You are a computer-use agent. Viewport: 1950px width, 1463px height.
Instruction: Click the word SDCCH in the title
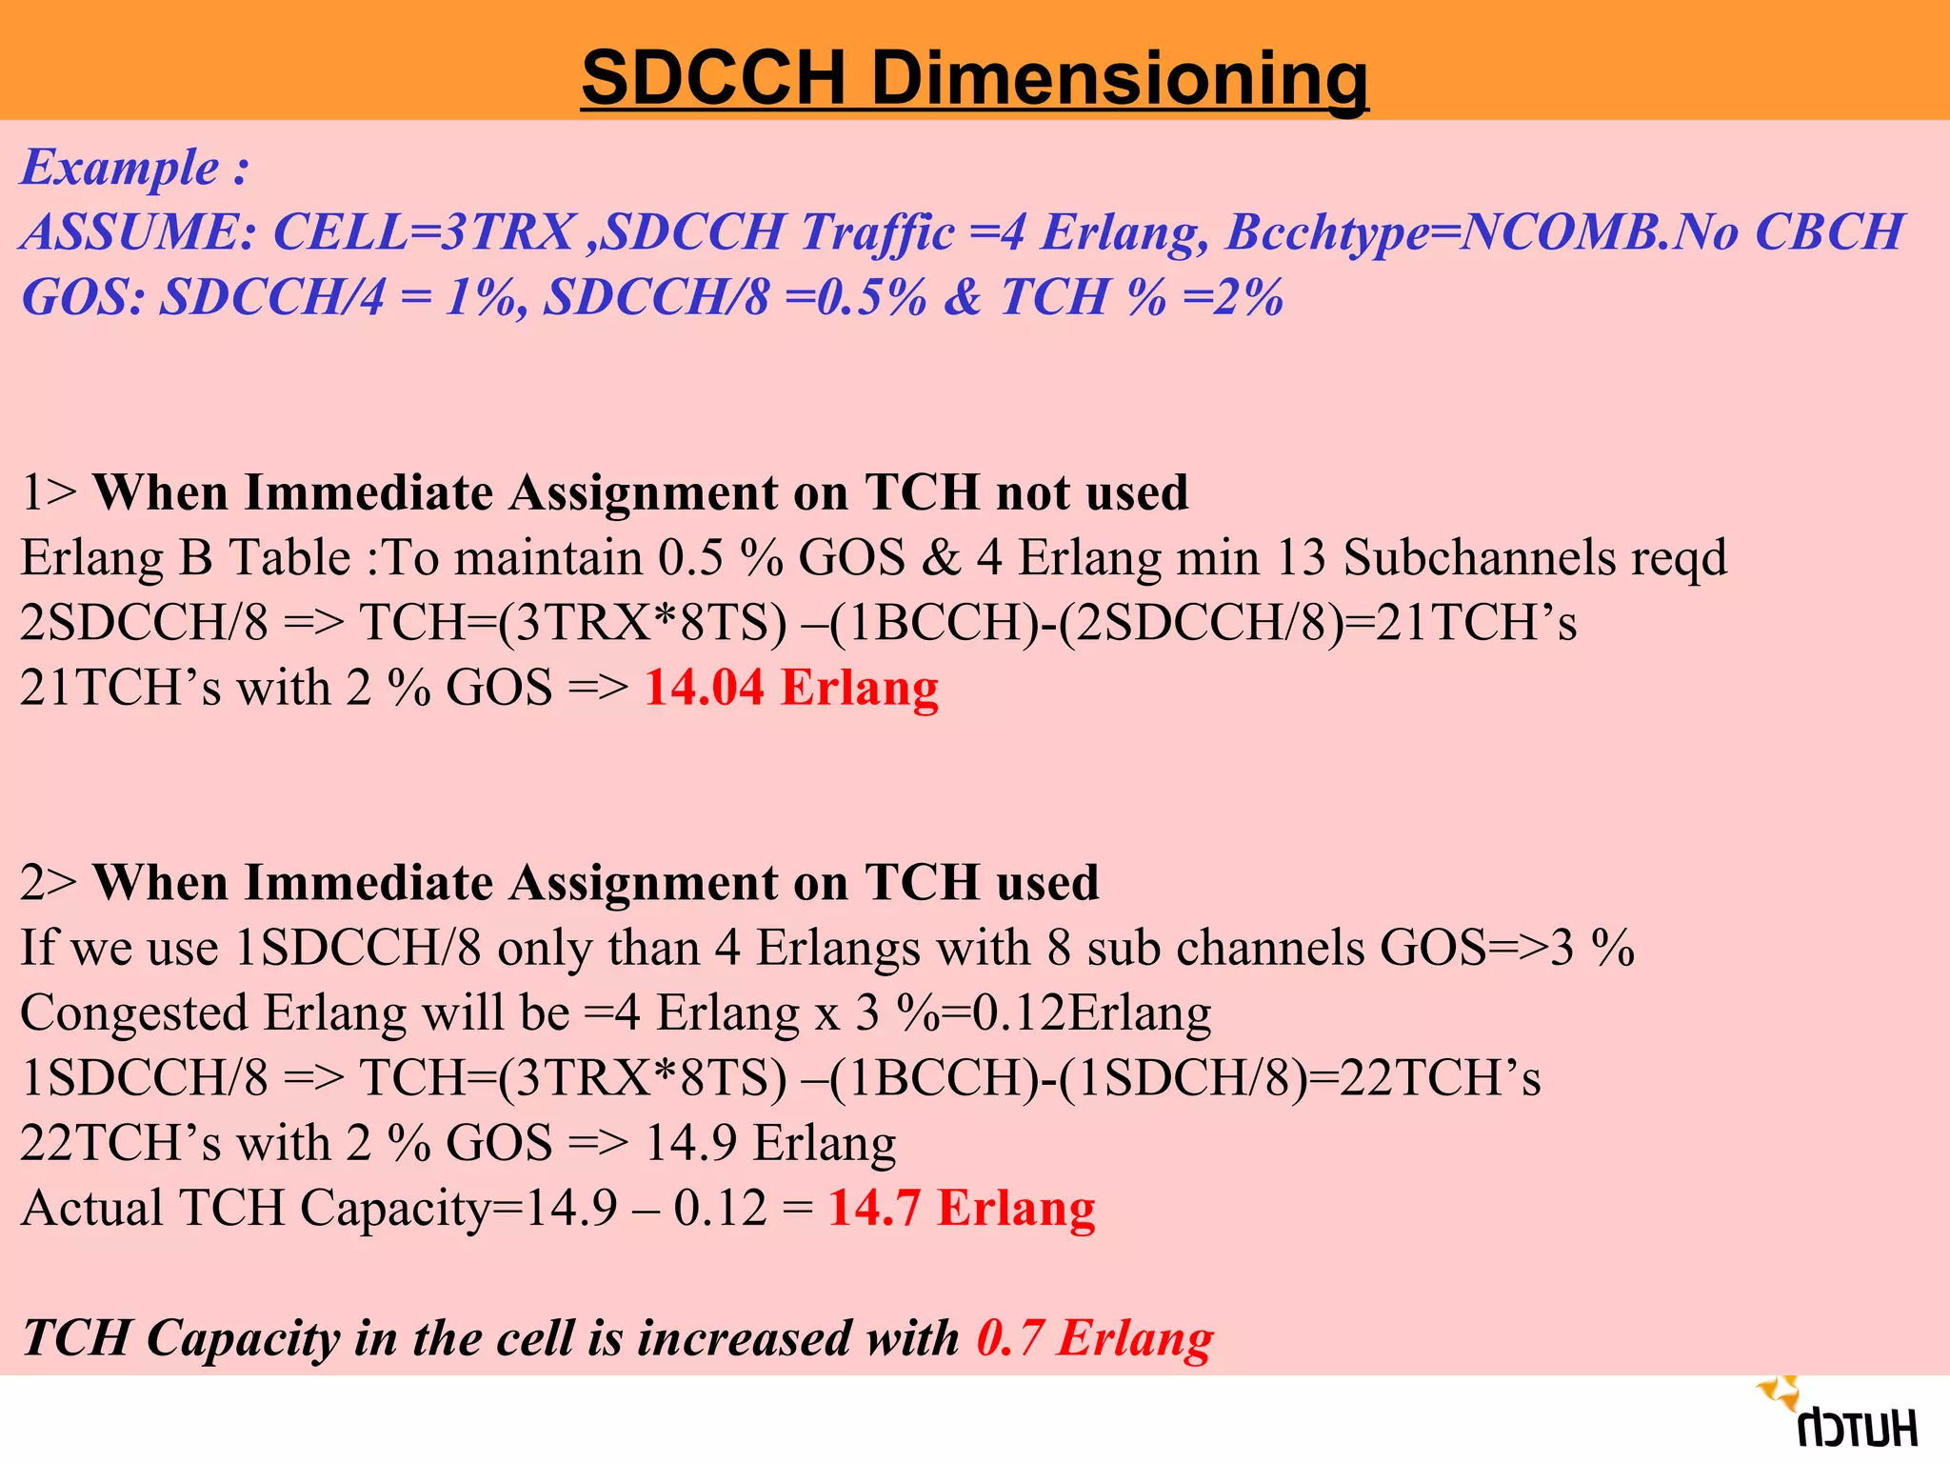(x=714, y=77)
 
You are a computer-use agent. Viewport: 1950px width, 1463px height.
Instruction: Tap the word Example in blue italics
(x=121, y=168)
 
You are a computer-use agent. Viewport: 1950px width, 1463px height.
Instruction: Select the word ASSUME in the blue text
(x=137, y=232)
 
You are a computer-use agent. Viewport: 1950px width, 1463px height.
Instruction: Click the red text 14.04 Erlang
(x=791, y=688)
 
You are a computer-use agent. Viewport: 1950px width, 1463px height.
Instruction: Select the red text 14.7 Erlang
(x=962, y=1208)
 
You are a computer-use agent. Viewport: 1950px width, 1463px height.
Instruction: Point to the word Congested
(x=133, y=1013)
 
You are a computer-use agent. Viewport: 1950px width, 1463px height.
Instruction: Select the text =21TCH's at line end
(x=1467, y=623)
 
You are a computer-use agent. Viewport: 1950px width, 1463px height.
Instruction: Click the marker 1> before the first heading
(x=48, y=493)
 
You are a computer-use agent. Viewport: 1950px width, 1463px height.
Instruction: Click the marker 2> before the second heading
(x=48, y=883)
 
